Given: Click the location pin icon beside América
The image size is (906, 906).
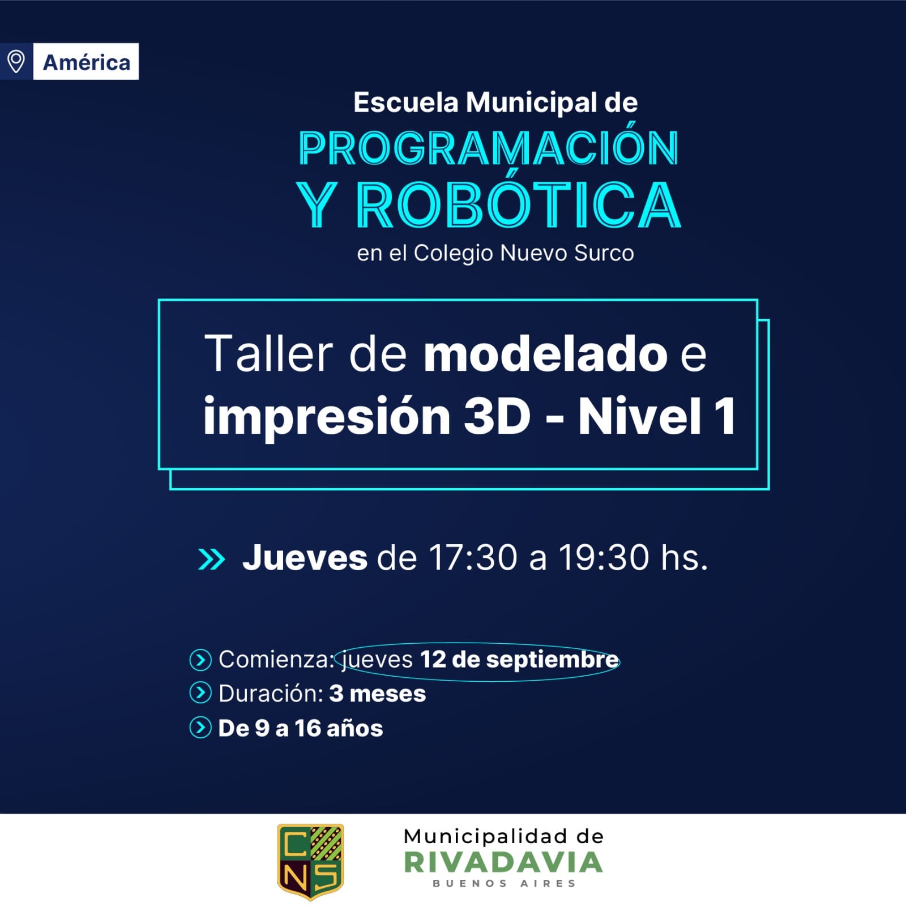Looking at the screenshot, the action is pyautogui.click(x=16, y=61).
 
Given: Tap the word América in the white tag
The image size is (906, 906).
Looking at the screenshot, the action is pyautogui.click(x=87, y=62).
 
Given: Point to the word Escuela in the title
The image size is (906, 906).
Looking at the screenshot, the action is pyautogui.click(x=405, y=102).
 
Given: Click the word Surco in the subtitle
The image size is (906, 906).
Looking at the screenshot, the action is pyautogui.click(x=604, y=253).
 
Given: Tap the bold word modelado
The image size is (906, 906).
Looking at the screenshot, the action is pyautogui.click(x=545, y=354).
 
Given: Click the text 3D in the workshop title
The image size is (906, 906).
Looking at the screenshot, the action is pyautogui.click(x=497, y=416).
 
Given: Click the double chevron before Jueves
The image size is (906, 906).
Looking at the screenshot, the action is pyautogui.click(x=212, y=559).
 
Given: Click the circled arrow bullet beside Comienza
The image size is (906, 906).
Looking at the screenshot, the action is pyautogui.click(x=200, y=660).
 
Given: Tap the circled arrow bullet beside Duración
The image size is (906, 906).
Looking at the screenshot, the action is pyautogui.click(x=200, y=693).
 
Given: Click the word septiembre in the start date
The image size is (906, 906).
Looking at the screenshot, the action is pyautogui.click(x=552, y=660).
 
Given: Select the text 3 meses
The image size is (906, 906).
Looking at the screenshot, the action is pyautogui.click(x=377, y=694).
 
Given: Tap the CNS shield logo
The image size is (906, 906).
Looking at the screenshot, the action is pyautogui.click(x=310, y=861).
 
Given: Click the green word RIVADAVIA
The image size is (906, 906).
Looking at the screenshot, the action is pyautogui.click(x=503, y=862).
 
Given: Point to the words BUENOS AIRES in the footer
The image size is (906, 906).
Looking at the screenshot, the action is pyautogui.click(x=504, y=883).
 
